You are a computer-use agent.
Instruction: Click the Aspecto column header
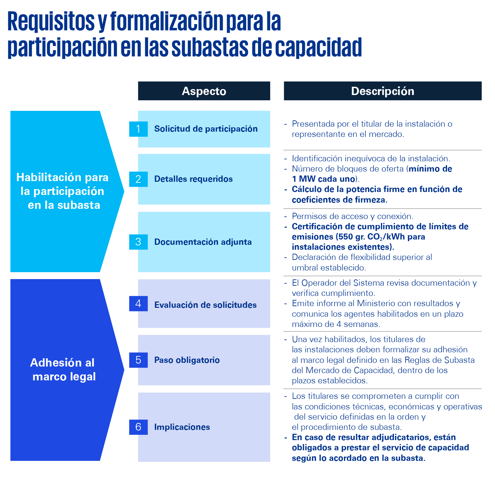tap(204, 91)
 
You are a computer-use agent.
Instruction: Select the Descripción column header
tap(382, 91)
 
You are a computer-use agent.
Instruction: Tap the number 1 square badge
tap(138, 129)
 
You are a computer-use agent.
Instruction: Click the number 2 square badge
tap(138, 179)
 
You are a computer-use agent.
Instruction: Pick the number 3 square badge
tap(138, 242)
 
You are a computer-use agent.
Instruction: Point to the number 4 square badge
tap(138, 304)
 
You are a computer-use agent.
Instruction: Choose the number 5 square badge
tap(138, 360)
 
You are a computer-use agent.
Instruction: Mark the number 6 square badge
tap(138, 427)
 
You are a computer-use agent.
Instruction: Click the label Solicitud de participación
tap(206, 129)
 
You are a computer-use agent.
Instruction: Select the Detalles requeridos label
tap(193, 179)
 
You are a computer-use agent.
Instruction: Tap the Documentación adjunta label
tap(203, 242)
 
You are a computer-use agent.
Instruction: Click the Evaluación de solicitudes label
tap(205, 305)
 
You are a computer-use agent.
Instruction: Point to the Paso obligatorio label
tap(187, 360)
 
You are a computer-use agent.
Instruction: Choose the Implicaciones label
tap(182, 427)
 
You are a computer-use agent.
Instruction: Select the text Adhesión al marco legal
tap(63, 369)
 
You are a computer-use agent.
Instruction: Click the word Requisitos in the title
tap(51, 22)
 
